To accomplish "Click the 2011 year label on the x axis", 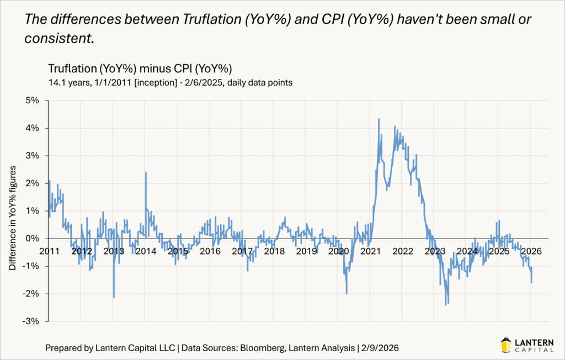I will click(49, 251).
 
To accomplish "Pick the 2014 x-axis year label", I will click(146, 251).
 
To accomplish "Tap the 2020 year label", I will click(338, 251).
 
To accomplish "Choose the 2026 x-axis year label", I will click(531, 251).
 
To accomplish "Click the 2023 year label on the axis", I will click(435, 251).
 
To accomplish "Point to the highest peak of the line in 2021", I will click(379, 119).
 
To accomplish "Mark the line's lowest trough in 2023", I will click(445, 304).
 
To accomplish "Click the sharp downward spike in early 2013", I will click(114, 297).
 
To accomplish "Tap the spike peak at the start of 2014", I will click(146, 173).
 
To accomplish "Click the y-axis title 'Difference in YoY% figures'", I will click(12, 211).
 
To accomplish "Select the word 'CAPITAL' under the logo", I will click(537, 348).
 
